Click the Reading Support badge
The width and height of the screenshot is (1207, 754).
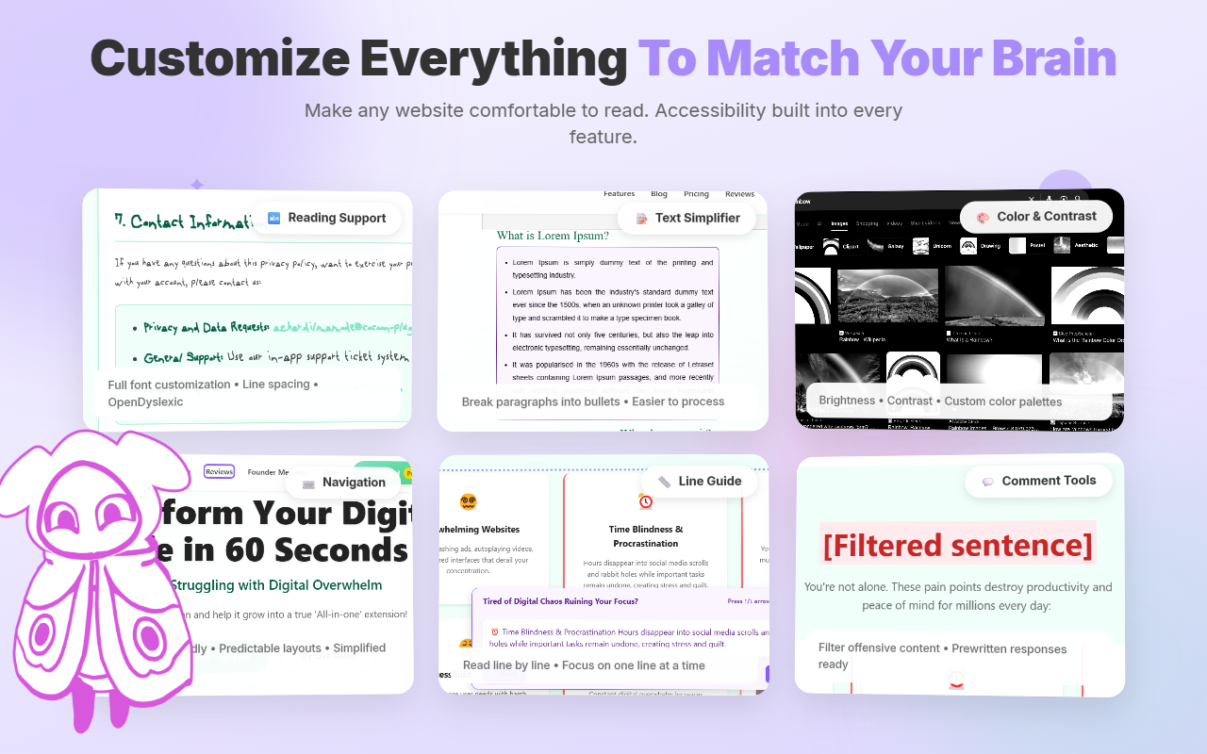pos(326,218)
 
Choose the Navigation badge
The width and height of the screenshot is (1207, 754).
pos(343,483)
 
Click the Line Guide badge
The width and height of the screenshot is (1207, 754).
pos(700,481)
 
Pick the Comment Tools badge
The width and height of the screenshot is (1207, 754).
pos(1038,481)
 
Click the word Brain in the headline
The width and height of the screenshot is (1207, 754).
pos(1047,58)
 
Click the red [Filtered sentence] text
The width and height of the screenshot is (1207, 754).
pos(957,545)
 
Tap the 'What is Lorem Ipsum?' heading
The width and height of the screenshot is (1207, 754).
pos(553,236)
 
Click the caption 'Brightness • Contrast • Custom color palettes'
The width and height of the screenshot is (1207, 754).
pos(939,401)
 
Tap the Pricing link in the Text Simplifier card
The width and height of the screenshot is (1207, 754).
pos(696,194)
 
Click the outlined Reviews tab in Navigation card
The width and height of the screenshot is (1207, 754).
pos(219,471)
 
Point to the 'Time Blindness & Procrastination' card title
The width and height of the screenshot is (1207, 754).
pos(646,536)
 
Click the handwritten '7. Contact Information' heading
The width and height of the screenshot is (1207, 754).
pos(184,221)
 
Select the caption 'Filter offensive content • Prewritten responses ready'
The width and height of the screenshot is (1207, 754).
pos(942,656)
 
